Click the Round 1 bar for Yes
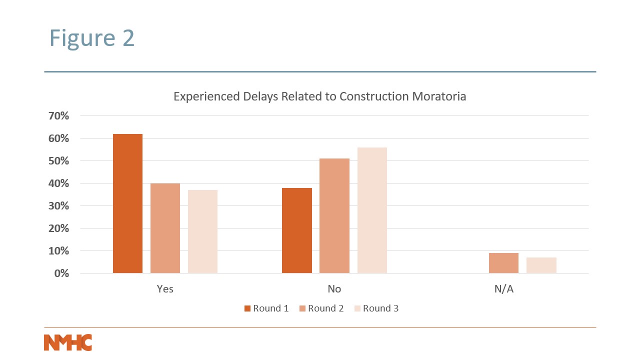127,203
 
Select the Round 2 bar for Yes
165,228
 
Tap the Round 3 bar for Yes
202,231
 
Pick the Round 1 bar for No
297,230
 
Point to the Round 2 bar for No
334,216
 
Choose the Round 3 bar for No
372,210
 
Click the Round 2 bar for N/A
503,263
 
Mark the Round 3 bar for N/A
541,265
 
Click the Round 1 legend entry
266,308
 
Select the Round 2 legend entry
321,308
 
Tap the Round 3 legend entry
376,308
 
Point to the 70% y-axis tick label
58,116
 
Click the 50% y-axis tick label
58,161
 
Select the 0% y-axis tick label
61,273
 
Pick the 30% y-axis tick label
58,206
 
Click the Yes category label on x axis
165,289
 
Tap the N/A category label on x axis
503,289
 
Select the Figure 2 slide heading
92,38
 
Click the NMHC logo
68,342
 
